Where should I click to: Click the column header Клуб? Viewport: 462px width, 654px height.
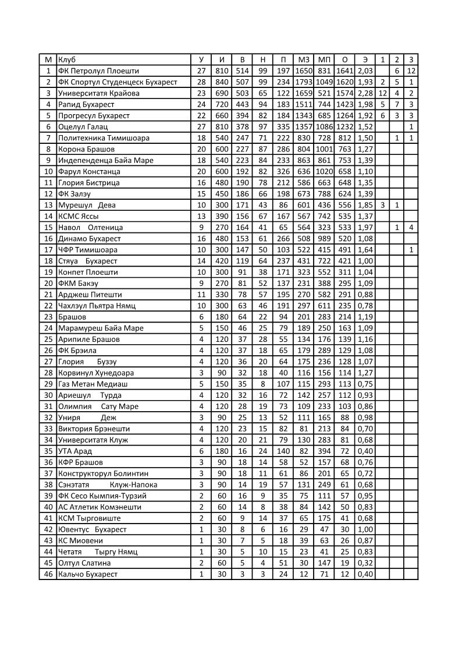tap(67, 59)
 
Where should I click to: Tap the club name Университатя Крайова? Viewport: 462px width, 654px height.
tap(98, 93)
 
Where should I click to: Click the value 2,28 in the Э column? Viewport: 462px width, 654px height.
tap(365, 93)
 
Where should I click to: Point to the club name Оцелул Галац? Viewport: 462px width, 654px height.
tap(83, 126)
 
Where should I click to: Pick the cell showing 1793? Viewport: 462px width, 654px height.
tap(304, 82)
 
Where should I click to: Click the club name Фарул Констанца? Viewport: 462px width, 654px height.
tap(89, 171)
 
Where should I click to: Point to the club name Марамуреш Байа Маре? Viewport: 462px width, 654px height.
tap(101, 328)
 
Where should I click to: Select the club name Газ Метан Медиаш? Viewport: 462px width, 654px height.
tap(93, 384)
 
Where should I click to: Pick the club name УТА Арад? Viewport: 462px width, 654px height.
tap(75, 451)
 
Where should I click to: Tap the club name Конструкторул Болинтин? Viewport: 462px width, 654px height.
tap(103, 473)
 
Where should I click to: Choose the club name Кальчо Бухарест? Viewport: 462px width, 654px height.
tap(88, 574)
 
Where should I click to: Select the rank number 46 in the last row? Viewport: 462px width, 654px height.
tap(48, 574)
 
